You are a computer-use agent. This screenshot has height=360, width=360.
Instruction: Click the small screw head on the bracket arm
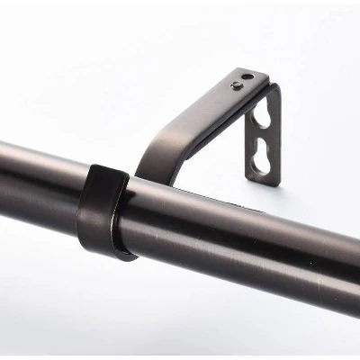tap(236, 87)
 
